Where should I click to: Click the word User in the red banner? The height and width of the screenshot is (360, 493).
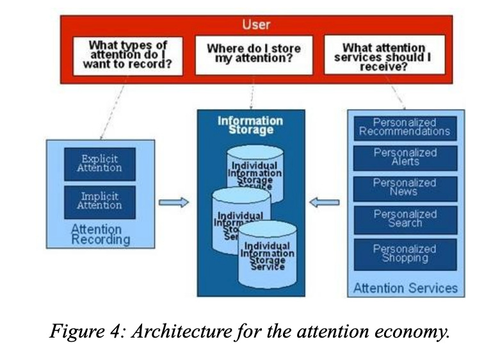256,25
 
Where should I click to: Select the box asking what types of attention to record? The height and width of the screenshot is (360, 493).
127,56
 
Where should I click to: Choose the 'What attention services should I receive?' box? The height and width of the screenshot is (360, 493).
384,56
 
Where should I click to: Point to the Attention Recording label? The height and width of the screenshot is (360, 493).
100,234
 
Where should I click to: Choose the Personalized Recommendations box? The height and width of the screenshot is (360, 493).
405,127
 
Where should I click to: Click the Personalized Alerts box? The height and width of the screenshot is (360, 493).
405,158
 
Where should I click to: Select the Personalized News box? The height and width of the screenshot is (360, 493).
405,188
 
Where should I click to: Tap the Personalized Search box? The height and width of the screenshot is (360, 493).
405,218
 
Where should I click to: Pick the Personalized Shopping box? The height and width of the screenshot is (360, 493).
405,253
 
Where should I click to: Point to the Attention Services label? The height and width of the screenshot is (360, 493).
405,288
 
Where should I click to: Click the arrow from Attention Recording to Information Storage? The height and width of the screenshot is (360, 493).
174,202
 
